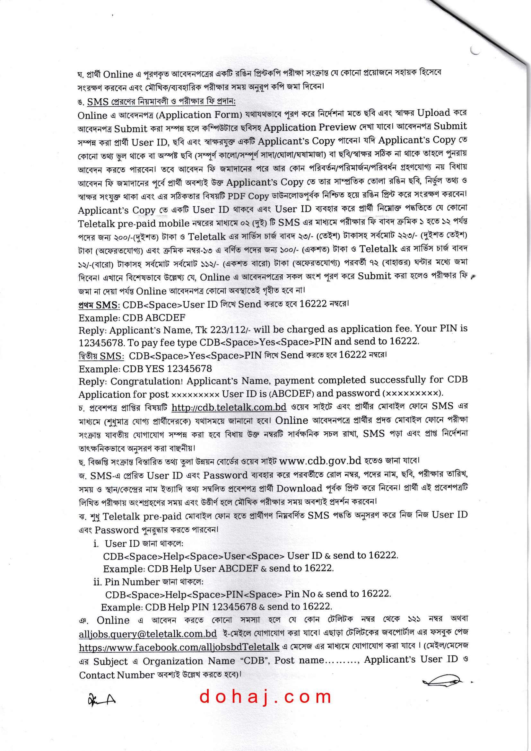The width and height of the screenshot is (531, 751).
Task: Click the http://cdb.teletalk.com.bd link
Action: click(x=229, y=407)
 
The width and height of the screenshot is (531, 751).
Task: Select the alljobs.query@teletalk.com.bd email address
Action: click(x=148, y=633)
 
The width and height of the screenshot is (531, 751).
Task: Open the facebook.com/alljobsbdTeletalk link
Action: click(x=179, y=647)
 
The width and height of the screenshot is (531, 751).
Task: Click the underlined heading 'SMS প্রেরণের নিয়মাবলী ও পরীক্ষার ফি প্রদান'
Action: click(x=161, y=102)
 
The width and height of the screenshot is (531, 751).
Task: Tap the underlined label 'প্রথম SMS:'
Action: click(x=99, y=305)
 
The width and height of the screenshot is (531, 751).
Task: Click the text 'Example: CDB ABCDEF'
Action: click(x=132, y=318)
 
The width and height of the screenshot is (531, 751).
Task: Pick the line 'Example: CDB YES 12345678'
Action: click(x=145, y=369)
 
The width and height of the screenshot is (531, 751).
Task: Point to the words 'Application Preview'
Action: click(x=309, y=127)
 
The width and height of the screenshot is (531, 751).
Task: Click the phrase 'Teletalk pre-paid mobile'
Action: click(x=134, y=223)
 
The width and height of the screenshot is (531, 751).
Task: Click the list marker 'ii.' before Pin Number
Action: click(x=98, y=582)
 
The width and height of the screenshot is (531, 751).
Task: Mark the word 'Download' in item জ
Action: click(x=299, y=488)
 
